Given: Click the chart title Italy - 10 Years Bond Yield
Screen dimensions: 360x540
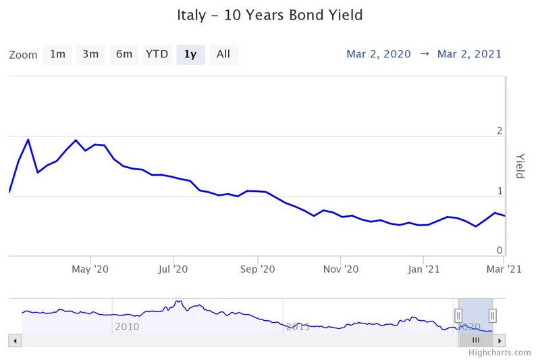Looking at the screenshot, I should coord(269,15).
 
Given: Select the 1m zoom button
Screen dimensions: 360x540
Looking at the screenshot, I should coord(57,55).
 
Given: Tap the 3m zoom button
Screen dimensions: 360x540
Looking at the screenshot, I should coord(90,55).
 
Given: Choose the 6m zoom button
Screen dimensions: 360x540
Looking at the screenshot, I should coord(124,55).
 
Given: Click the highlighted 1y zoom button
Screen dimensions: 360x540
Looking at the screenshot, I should coord(190,55).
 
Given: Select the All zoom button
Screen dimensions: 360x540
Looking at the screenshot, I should coord(223,55).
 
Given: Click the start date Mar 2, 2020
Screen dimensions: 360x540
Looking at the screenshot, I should coord(378,55).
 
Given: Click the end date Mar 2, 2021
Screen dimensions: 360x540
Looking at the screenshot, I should coord(470,55).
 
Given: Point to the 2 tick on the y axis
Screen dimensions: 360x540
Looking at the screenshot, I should coord(500,130).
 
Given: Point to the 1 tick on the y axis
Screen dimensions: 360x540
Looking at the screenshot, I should coord(500,191).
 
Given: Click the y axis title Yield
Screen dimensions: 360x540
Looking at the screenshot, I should coord(520,165).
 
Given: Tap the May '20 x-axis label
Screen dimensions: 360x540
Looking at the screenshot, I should coord(90,269).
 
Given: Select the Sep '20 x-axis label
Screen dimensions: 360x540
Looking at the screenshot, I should coord(258,269).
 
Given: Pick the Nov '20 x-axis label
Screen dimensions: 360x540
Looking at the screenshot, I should coord(341,269).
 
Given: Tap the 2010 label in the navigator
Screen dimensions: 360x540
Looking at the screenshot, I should coord(127,327).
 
